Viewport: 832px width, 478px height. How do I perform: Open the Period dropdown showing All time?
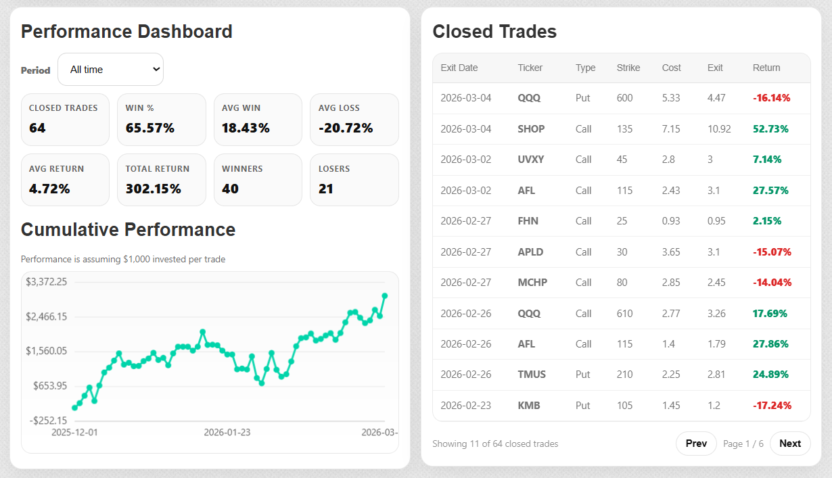[x=110, y=70]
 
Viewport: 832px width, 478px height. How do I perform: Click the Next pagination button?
[x=789, y=444]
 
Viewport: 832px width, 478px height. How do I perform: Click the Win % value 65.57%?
[x=150, y=128]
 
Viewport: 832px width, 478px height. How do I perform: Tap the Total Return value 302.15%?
[x=154, y=189]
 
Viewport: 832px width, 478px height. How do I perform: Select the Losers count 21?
[x=326, y=189]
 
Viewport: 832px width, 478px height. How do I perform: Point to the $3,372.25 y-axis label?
[x=47, y=282]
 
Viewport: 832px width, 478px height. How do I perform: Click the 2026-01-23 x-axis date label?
[x=227, y=432]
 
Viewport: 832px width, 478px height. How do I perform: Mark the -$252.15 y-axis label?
[x=48, y=421]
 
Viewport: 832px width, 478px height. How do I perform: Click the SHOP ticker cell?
[x=531, y=129]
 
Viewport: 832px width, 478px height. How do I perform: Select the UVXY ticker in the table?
[x=531, y=160]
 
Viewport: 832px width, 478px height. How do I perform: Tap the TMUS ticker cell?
[x=532, y=375]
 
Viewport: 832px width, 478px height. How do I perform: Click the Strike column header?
[x=628, y=68]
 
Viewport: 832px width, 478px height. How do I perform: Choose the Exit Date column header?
[x=459, y=68]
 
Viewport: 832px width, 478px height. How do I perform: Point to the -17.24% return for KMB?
[x=772, y=406]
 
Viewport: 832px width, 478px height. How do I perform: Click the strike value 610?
[x=625, y=313]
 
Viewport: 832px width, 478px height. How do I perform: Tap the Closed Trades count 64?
[x=37, y=128]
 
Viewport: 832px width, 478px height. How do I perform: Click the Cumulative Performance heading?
[x=128, y=230]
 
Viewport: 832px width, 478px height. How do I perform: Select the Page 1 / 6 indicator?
[x=743, y=444]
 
